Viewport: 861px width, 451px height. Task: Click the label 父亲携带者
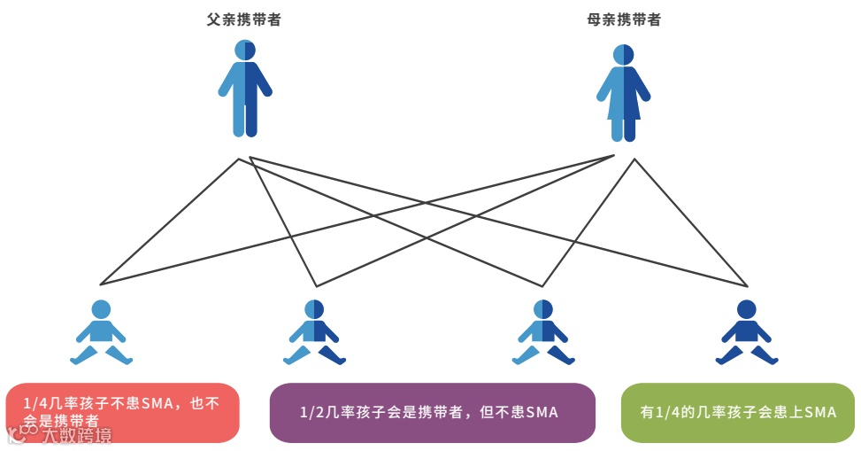[244, 19]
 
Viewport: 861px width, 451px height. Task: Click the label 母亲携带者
[623, 19]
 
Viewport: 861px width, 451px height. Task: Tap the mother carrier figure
[623, 93]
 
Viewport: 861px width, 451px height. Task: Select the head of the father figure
[245, 50]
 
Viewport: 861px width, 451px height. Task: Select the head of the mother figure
[623, 54]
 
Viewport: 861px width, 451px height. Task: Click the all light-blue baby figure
[102, 334]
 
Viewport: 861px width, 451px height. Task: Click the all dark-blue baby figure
[747, 334]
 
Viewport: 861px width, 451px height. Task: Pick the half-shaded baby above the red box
[314, 334]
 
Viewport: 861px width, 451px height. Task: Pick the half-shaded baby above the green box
[542, 334]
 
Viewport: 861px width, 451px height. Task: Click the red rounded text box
[122, 412]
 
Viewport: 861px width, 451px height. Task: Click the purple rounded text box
[432, 412]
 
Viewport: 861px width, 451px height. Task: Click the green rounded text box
[738, 412]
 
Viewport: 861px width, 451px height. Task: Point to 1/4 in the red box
[35, 404]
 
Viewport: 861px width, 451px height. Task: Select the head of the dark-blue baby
[747, 309]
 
